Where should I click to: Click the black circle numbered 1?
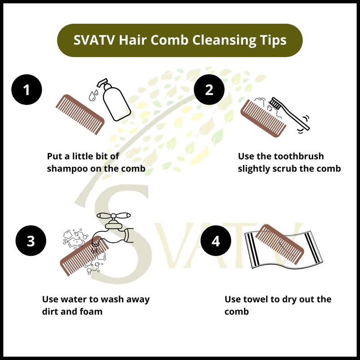(27, 90)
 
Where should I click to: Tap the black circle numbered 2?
(209, 90)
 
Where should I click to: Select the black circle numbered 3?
(31, 241)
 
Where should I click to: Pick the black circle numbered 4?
(216, 241)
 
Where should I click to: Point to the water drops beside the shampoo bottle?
(93, 95)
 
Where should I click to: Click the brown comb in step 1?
(80, 114)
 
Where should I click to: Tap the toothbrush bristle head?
(275, 103)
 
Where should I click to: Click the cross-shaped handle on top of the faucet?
(113, 216)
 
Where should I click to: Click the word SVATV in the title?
(94, 40)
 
